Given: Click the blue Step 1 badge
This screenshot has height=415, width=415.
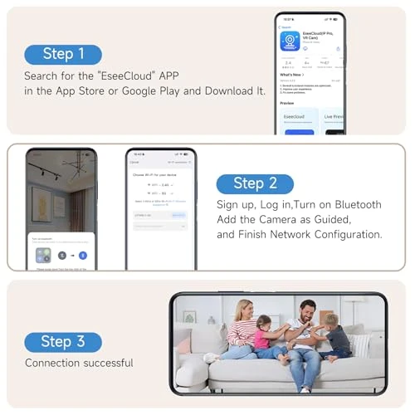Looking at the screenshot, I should click(63, 54).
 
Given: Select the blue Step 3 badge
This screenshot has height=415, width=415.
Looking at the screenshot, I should click(63, 341).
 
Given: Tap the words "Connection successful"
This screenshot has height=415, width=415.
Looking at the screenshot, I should click(79, 363).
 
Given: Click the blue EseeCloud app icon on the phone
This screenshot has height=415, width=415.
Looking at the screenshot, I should click(290, 41).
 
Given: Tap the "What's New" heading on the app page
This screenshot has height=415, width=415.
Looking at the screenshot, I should click(291, 75).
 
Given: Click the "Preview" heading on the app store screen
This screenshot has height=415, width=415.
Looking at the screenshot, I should click(287, 104).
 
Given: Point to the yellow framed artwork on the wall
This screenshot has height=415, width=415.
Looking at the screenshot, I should click(42, 201).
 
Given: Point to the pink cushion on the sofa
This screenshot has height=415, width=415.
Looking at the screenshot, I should click(184, 342).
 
